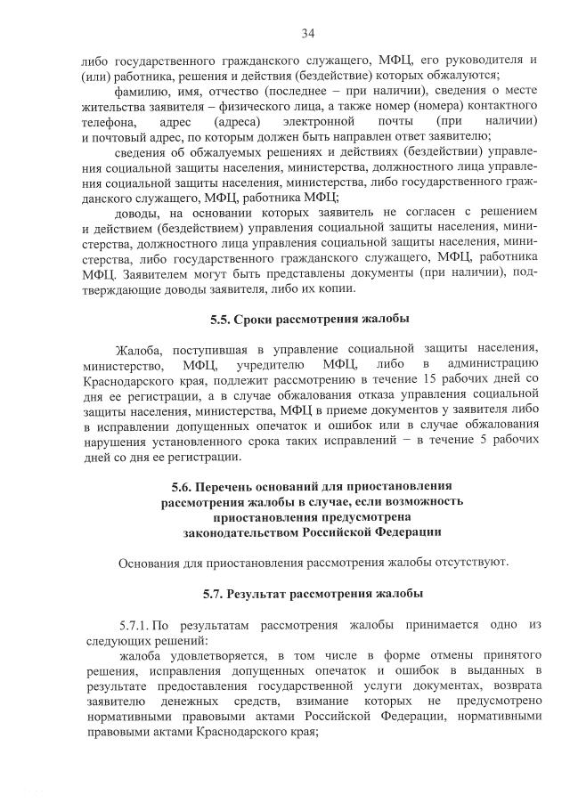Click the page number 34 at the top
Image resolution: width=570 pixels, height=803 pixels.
tap(308, 34)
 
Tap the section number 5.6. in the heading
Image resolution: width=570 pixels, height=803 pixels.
tap(183, 487)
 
